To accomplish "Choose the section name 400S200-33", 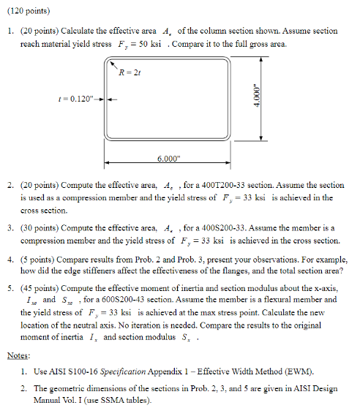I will (220, 228).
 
